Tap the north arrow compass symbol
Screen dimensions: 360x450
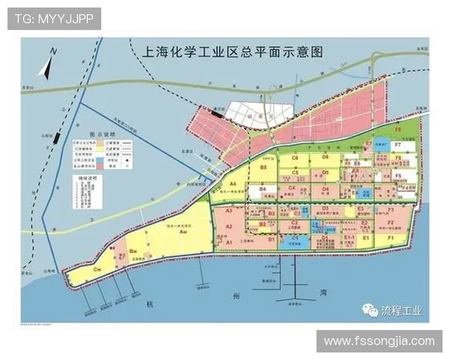(x=48, y=65)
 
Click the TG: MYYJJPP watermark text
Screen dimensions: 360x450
(x=54, y=19)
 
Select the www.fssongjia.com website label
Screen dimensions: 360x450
(x=379, y=341)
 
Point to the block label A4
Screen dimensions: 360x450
(x=233, y=184)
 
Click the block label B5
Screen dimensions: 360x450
(x=263, y=168)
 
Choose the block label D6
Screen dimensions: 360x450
(x=325, y=157)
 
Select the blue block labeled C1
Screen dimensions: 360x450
(x=295, y=238)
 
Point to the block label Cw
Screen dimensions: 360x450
(x=97, y=268)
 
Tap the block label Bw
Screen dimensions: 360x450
(x=132, y=250)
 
